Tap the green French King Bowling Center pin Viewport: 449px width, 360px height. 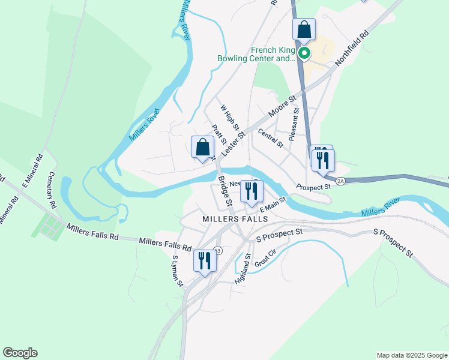(x=304, y=54)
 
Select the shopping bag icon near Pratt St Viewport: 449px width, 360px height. (x=203, y=147)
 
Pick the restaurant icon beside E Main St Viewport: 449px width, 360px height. (x=252, y=191)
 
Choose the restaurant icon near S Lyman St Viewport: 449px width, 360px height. (x=205, y=260)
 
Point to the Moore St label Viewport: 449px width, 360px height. (x=283, y=106)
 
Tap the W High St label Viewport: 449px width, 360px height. (x=230, y=118)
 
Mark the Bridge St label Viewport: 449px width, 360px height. (x=225, y=190)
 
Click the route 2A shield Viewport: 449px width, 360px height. (x=340, y=181)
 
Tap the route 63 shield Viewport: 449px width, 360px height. (x=217, y=251)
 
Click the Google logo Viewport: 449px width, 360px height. (x=20, y=353)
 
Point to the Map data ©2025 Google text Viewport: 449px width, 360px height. (x=412, y=355)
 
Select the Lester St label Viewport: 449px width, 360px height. (x=234, y=144)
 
